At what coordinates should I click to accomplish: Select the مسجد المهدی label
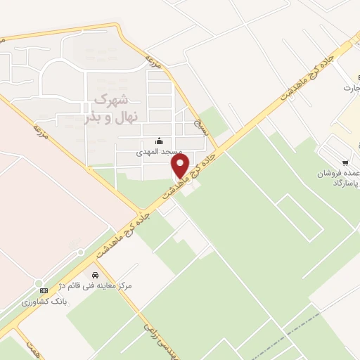click(x=160, y=151)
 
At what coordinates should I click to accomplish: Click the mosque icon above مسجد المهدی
click(x=159, y=139)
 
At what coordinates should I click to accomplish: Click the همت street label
click(x=33, y=347)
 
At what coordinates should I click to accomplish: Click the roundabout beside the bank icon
click(x=39, y=283)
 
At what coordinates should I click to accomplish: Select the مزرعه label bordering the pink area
click(x=41, y=129)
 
